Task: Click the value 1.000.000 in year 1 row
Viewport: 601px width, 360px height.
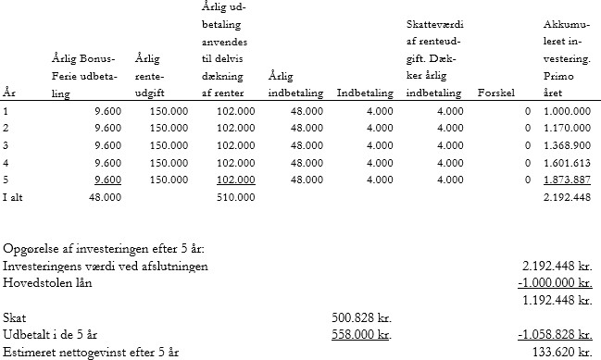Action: click(567, 111)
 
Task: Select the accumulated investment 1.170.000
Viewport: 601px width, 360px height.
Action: click(567, 128)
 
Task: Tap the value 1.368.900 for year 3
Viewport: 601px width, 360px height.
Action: click(567, 145)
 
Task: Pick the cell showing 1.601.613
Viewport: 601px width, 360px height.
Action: click(567, 162)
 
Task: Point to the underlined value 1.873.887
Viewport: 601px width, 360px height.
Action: click(567, 180)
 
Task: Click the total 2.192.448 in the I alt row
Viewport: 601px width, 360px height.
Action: click(567, 196)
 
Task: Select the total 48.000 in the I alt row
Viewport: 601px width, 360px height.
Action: click(104, 196)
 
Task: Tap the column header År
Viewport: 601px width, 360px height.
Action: click(10, 93)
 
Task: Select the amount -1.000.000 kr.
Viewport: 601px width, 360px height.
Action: click(555, 283)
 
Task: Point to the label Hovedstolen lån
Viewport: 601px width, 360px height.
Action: click(46, 283)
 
